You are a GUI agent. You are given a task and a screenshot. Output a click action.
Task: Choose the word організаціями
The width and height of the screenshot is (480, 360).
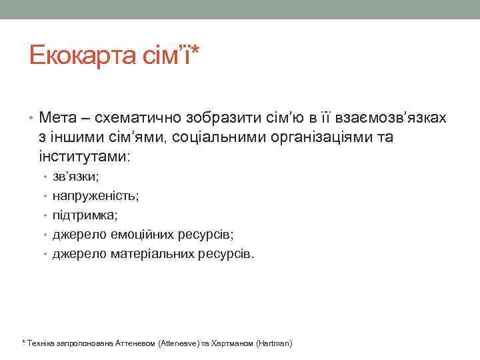(x=327, y=138)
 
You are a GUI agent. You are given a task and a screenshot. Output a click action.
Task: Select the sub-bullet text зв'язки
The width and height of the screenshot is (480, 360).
(x=75, y=178)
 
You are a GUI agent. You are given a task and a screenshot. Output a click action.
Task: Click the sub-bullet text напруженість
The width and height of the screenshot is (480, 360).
(x=95, y=197)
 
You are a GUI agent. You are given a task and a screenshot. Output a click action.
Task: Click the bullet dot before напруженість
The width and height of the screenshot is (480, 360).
(x=45, y=197)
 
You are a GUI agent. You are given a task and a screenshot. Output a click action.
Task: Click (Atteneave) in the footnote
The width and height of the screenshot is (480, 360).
(x=179, y=343)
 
